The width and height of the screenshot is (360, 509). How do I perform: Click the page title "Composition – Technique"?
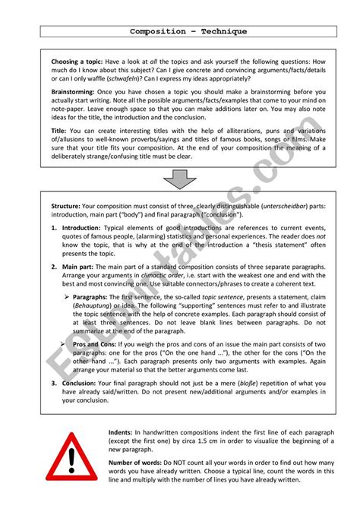178,32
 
